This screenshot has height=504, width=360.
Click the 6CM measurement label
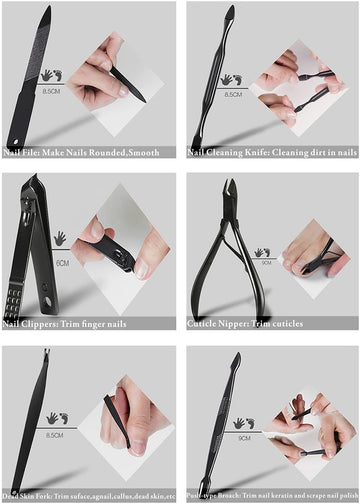click(62, 263)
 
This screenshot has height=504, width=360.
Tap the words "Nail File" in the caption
click(21, 152)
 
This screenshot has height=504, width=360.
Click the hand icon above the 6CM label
click(60, 239)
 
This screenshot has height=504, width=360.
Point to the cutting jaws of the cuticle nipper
click(231, 190)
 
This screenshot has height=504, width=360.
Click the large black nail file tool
click(28, 75)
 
